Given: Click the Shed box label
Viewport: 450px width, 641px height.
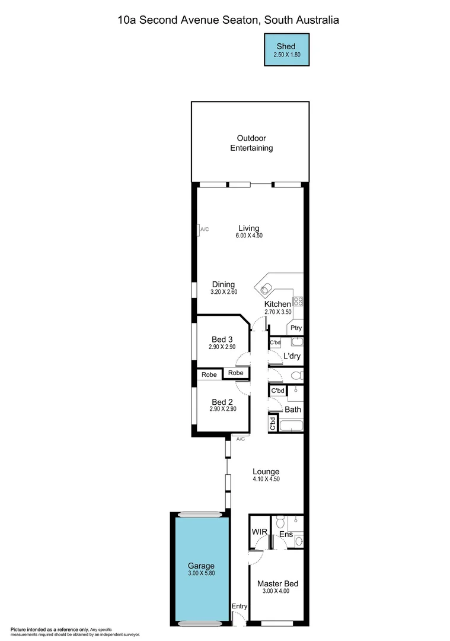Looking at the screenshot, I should click(x=286, y=46).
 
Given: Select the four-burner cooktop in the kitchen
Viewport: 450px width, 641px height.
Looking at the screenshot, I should click(x=298, y=301).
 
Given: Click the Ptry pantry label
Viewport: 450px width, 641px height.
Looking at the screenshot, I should click(x=295, y=328).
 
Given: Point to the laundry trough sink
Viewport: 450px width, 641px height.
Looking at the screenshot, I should click(x=297, y=342).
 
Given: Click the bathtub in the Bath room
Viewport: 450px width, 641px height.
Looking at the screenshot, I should click(x=291, y=425).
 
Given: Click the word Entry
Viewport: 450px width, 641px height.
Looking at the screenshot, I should click(x=240, y=606).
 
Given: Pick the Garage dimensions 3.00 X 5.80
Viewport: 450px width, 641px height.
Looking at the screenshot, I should click(x=201, y=574).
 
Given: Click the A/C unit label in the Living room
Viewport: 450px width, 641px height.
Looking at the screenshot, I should click(x=204, y=229).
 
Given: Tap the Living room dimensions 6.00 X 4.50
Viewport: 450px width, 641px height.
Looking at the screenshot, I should click(x=248, y=236).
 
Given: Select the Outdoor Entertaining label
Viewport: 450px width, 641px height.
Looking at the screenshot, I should click(x=251, y=143).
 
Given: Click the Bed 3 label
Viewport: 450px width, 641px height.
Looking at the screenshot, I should click(x=222, y=339).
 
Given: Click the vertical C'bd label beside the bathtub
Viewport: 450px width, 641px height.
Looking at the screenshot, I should click(x=273, y=423).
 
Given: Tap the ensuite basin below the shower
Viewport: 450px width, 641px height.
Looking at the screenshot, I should click(x=298, y=541).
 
